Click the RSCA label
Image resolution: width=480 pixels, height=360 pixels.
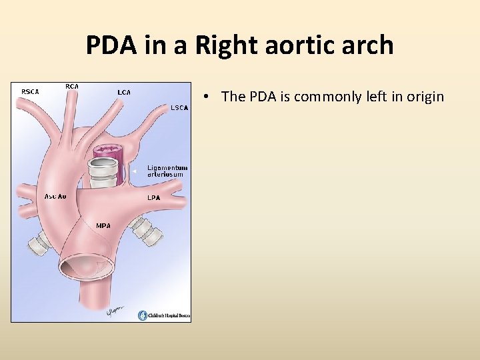(30, 91)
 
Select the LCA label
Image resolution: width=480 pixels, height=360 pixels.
(123, 92)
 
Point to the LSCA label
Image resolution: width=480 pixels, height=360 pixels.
(179, 107)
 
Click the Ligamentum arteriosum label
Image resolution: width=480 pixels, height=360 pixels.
(167, 171)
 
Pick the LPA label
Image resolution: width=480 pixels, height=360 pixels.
(153, 198)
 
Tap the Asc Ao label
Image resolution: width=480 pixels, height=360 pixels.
(55, 196)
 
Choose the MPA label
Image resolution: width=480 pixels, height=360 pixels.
(103, 225)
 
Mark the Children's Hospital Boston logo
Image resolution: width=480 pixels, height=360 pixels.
(164, 315)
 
